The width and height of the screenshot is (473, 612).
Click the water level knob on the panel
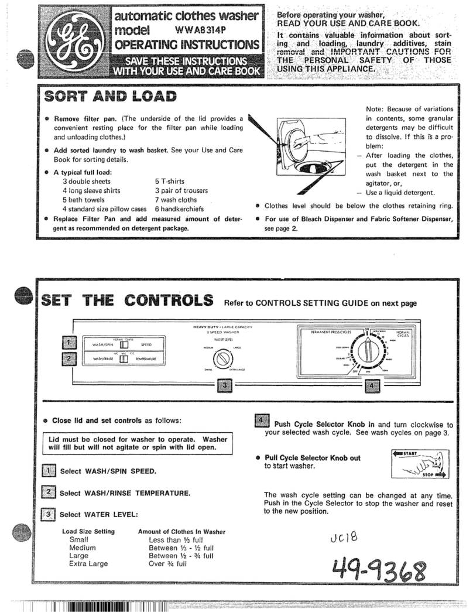223,358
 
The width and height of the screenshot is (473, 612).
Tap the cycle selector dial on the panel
367,354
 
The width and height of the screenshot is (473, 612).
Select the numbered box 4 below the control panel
373,386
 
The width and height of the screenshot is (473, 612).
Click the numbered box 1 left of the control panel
69,343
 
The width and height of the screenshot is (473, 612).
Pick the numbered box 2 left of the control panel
69,359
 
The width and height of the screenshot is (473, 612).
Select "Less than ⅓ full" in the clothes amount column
176,539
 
